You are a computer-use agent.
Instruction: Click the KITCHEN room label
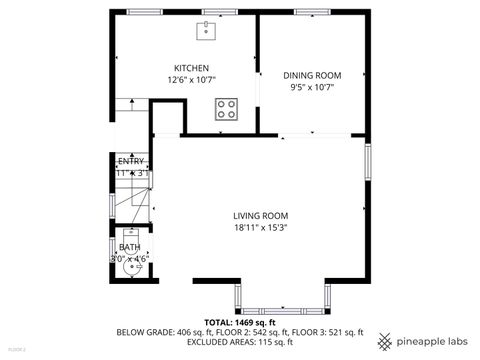click(x=191, y=68)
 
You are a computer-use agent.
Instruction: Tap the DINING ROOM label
click(x=312, y=75)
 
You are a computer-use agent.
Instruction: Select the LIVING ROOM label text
click(x=261, y=215)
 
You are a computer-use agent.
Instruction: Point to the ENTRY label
click(x=131, y=161)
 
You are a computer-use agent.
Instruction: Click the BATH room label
click(x=130, y=247)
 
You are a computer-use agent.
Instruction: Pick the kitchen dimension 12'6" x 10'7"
click(x=191, y=79)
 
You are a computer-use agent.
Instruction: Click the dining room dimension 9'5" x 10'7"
click(x=312, y=87)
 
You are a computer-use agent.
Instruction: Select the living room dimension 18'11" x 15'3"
click(x=261, y=226)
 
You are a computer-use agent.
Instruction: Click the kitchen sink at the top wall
click(x=208, y=30)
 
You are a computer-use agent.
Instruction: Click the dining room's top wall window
click(x=311, y=12)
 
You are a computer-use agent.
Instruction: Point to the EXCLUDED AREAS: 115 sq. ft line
click(x=239, y=341)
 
